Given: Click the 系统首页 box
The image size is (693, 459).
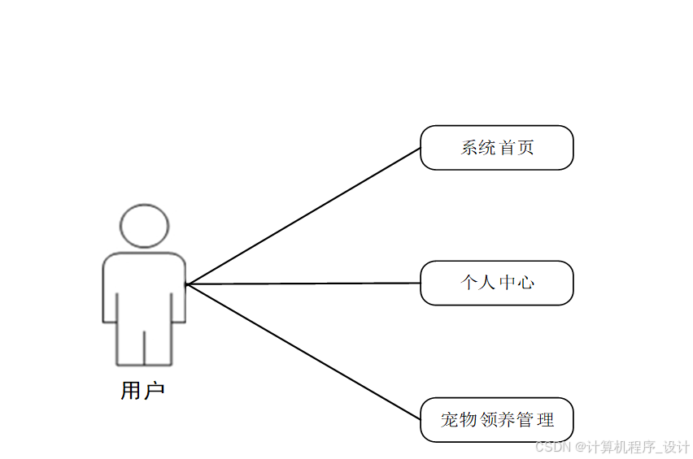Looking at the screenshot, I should [x=496, y=148].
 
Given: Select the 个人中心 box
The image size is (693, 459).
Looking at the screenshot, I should [x=496, y=283].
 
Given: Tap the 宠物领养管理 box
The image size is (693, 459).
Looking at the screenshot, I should [x=496, y=419].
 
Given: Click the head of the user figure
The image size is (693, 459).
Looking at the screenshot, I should [x=144, y=226].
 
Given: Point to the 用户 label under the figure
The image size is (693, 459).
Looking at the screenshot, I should [x=142, y=391].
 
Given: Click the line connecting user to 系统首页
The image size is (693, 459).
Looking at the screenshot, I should [x=303, y=216].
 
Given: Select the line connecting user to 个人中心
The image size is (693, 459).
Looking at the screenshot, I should [x=303, y=284].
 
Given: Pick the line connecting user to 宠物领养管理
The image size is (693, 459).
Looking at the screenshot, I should [x=303, y=352].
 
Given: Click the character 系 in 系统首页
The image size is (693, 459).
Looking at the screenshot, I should [x=469, y=148].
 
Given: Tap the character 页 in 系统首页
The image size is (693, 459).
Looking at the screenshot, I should [x=525, y=148].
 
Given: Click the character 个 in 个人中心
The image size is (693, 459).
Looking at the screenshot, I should [x=469, y=283].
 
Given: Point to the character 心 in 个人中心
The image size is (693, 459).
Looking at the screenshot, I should [x=525, y=283].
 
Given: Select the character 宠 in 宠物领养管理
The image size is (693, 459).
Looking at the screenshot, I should [x=451, y=420].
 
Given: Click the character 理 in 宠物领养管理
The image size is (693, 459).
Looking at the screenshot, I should [x=545, y=420].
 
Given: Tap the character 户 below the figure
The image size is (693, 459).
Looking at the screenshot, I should [x=154, y=391].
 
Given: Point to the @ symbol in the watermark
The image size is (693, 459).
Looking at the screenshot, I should [x=581, y=447].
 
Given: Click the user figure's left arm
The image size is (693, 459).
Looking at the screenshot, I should [x=110, y=292].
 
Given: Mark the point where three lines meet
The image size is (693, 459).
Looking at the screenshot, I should [x=186, y=284].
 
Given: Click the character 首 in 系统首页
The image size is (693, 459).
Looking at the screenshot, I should [x=507, y=148].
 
